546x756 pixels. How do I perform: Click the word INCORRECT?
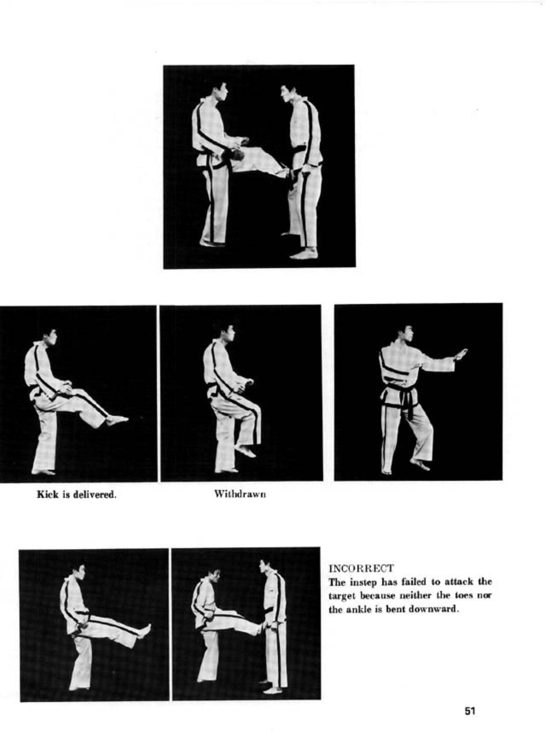[361, 568]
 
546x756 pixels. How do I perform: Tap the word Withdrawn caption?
[240, 495]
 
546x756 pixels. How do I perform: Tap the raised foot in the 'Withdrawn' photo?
[245, 450]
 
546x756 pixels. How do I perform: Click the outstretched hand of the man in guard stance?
[461, 354]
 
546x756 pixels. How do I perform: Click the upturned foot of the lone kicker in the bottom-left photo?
[146, 630]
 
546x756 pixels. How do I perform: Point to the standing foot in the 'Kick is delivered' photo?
[43, 471]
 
